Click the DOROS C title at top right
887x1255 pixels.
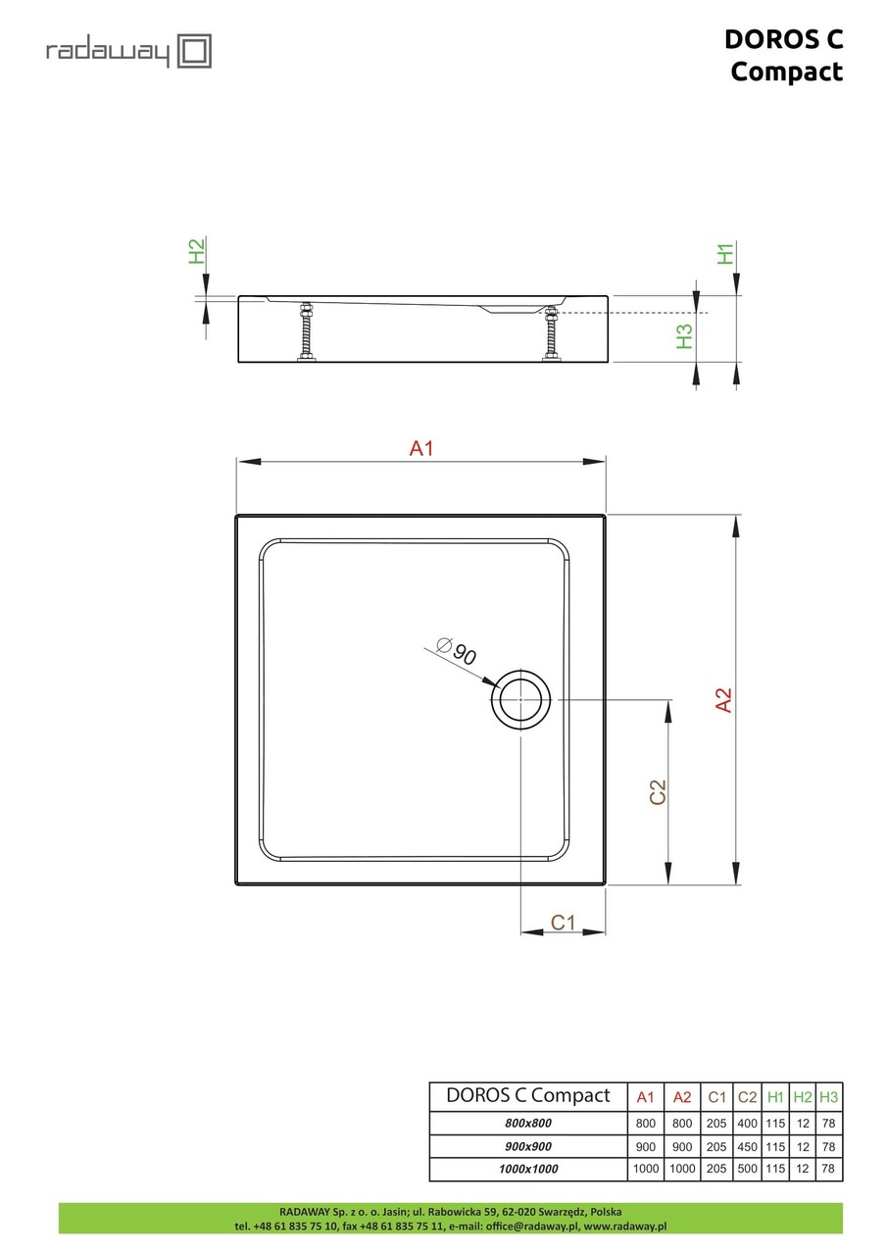(x=783, y=38)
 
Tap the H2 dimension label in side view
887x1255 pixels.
(x=197, y=251)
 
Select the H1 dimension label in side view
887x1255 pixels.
(x=726, y=253)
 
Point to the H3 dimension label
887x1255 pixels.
(x=684, y=336)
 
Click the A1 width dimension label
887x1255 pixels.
(x=421, y=449)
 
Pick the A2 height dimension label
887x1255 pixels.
(x=723, y=699)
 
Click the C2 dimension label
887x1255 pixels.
(x=658, y=792)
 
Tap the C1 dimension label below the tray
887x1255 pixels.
(x=563, y=922)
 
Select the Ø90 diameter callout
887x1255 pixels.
(x=456, y=651)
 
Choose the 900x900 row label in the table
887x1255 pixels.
(x=527, y=1146)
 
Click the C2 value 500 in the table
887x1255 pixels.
(x=747, y=1169)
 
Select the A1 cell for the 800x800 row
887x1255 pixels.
(x=645, y=1124)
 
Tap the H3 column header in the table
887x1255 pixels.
(x=829, y=1097)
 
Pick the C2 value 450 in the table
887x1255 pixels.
(x=747, y=1146)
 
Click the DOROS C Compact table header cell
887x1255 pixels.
(x=527, y=1096)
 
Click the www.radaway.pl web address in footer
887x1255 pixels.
(x=625, y=1226)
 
